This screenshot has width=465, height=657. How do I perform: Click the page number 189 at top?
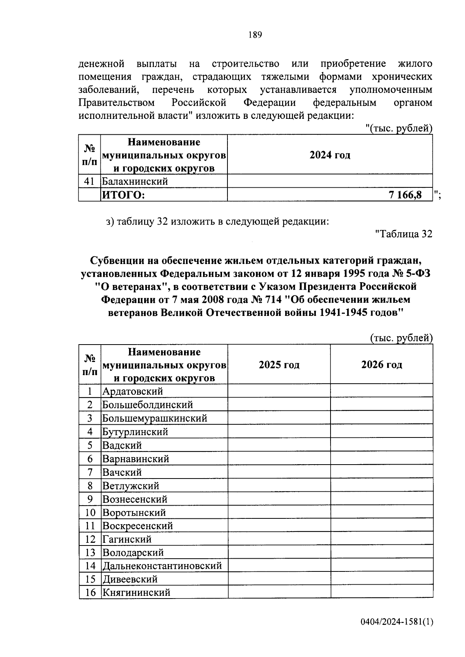255,35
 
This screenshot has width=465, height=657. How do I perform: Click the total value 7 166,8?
405,195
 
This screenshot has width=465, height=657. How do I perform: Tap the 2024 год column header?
330,155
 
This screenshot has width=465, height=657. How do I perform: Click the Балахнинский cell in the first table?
135,181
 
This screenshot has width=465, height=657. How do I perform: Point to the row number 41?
90,181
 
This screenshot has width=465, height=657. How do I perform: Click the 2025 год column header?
279,365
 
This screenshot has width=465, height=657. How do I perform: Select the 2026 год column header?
382,365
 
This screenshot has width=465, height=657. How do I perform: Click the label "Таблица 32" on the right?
404,234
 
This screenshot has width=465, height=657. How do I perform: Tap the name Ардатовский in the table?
133,391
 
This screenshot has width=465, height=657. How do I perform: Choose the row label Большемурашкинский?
155,418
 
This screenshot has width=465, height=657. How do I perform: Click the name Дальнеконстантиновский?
162,566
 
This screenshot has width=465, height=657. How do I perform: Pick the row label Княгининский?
136,592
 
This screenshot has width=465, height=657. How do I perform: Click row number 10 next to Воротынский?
90,513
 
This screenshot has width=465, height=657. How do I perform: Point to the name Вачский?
122,472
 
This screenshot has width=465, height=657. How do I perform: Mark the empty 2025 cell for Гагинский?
279,539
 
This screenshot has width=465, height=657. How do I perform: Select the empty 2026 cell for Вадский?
382,445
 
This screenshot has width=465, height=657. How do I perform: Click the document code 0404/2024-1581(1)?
396,622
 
